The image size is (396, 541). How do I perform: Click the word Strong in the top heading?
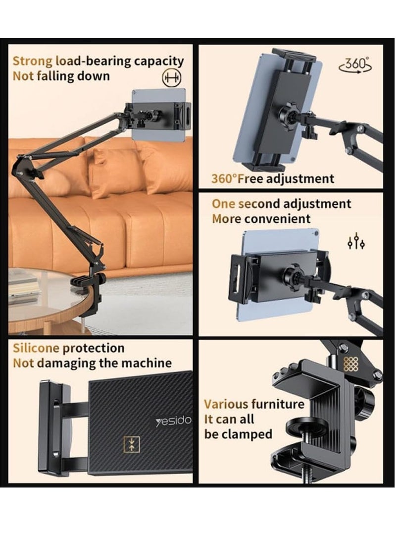point(32,61)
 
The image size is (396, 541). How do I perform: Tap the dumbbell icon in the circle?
point(170,77)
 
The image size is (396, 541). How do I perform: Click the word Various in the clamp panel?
point(226,404)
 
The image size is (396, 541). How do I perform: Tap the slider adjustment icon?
point(356,242)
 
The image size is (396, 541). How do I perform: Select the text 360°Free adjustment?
point(273,179)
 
